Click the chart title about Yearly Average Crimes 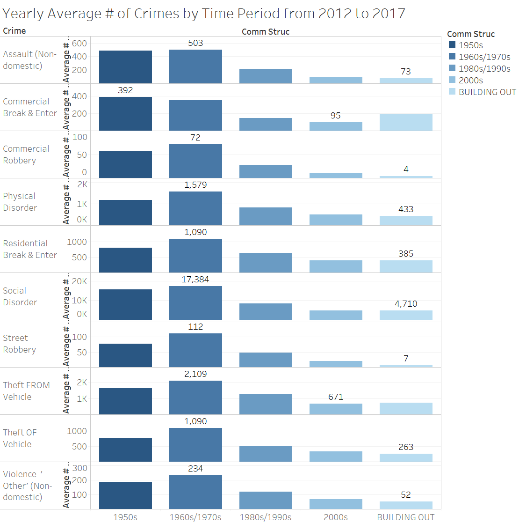pos(203,13)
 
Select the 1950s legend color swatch pos(452,45)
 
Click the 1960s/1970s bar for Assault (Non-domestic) pos(195,66)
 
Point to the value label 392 pos(125,90)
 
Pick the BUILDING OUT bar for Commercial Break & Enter pos(406,122)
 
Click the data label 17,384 pos(195,280)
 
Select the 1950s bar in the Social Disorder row pos(125,304)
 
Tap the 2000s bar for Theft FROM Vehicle pos(336,409)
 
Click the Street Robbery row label pos(19,344)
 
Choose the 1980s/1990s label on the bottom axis pos(265,517)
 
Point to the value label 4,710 pos(406,303)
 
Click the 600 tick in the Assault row pos(79,44)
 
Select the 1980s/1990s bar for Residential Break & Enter pos(266,263)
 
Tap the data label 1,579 pos(195,185)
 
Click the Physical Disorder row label pos(20,202)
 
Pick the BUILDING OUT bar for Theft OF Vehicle pos(406,457)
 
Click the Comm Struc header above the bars pos(266,32)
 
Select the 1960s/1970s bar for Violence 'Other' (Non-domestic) pos(195,492)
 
